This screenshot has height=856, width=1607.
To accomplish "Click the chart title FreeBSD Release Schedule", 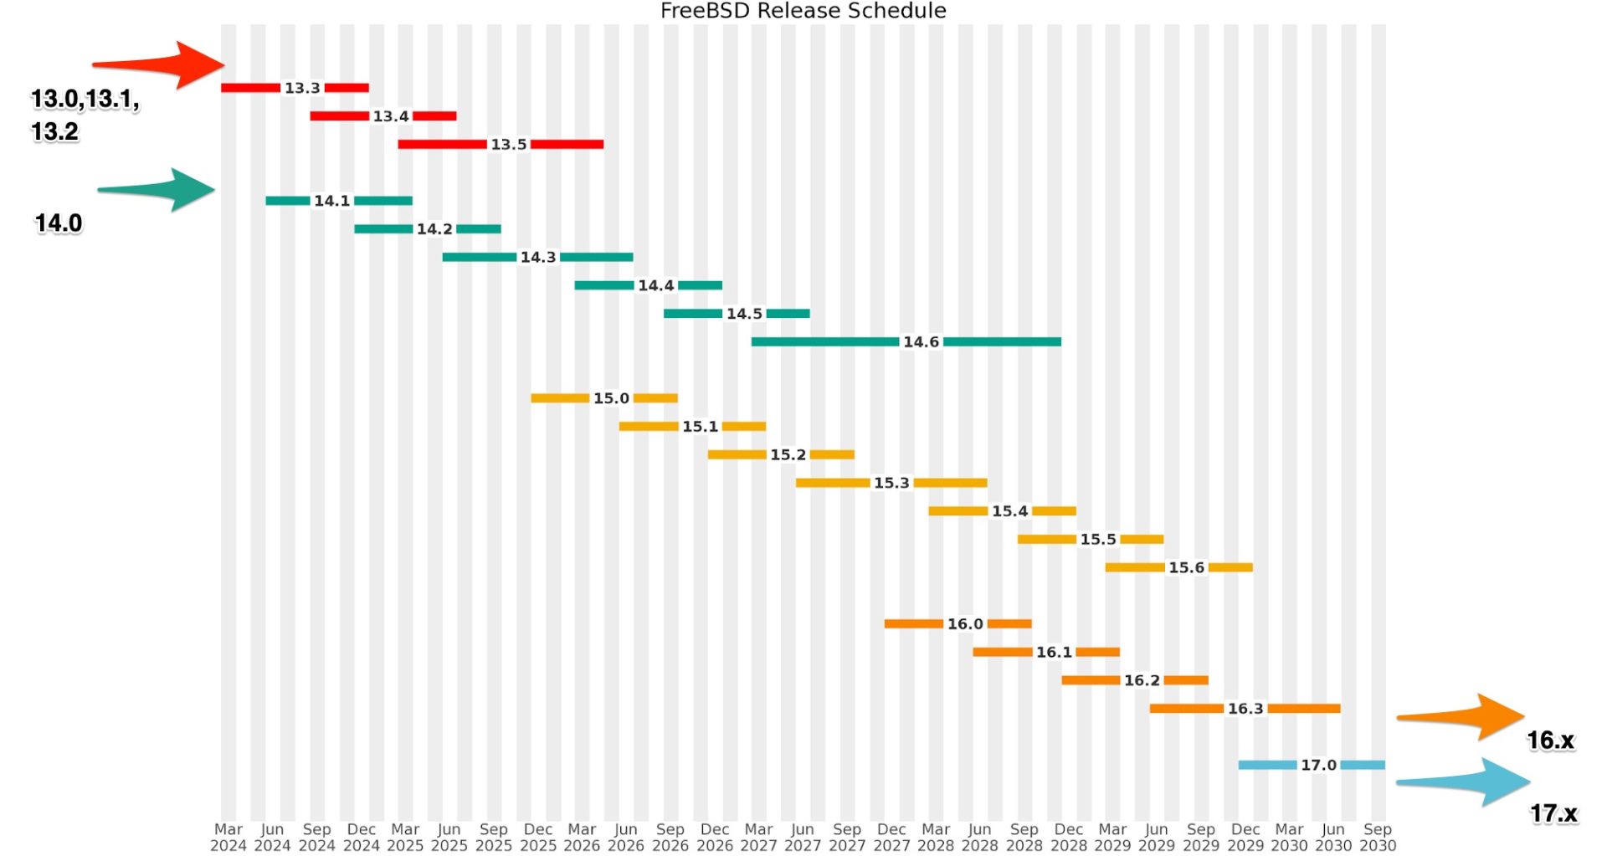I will point(803,11).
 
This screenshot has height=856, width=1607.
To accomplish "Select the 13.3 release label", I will point(302,88).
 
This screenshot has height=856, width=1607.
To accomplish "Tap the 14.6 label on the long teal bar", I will point(921,341).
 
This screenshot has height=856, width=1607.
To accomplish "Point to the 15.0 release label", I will point(611,398).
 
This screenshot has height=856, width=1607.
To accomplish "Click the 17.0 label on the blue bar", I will point(1318,765).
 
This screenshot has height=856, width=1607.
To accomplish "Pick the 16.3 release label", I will point(1245,709).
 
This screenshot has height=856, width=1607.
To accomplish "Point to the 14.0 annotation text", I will point(59,223).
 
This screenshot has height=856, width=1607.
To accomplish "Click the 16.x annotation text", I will point(1550,741).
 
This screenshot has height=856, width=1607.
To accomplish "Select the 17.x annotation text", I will point(1553,813).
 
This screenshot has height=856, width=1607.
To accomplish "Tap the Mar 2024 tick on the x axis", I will point(228,837).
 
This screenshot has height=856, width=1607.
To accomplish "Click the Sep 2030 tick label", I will point(1377,837).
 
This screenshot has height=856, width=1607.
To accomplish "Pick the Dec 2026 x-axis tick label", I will point(714,837).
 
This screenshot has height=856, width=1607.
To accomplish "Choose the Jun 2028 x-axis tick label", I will point(979,837).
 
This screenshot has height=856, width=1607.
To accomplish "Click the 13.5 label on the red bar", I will point(509,145).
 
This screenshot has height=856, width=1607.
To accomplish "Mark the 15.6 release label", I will point(1186,567).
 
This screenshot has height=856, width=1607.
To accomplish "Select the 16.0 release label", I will point(965,624).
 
